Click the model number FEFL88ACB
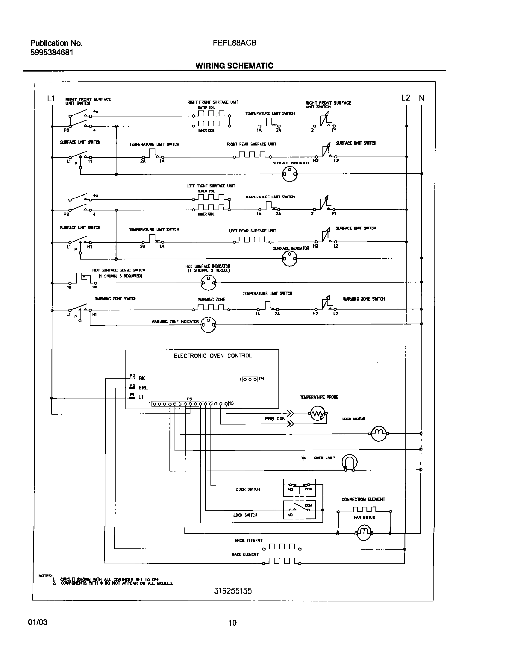click(234, 43)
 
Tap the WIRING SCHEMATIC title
click(234, 66)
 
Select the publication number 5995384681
click(51, 52)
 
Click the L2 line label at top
click(405, 98)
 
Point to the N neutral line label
click(422, 98)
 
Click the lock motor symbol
click(379, 433)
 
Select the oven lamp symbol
click(349, 463)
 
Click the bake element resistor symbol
click(281, 562)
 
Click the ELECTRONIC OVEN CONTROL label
click(213, 356)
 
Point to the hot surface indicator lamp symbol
click(208, 282)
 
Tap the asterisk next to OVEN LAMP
click(304, 458)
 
